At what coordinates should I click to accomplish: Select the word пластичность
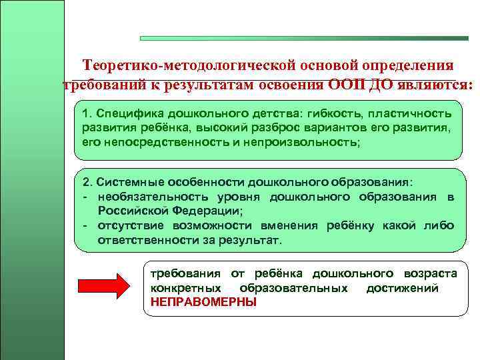click(x=409, y=115)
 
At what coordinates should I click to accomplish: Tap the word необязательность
click(x=146, y=197)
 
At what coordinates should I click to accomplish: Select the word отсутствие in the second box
click(x=127, y=225)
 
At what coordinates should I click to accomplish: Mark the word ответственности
click(x=143, y=239)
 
